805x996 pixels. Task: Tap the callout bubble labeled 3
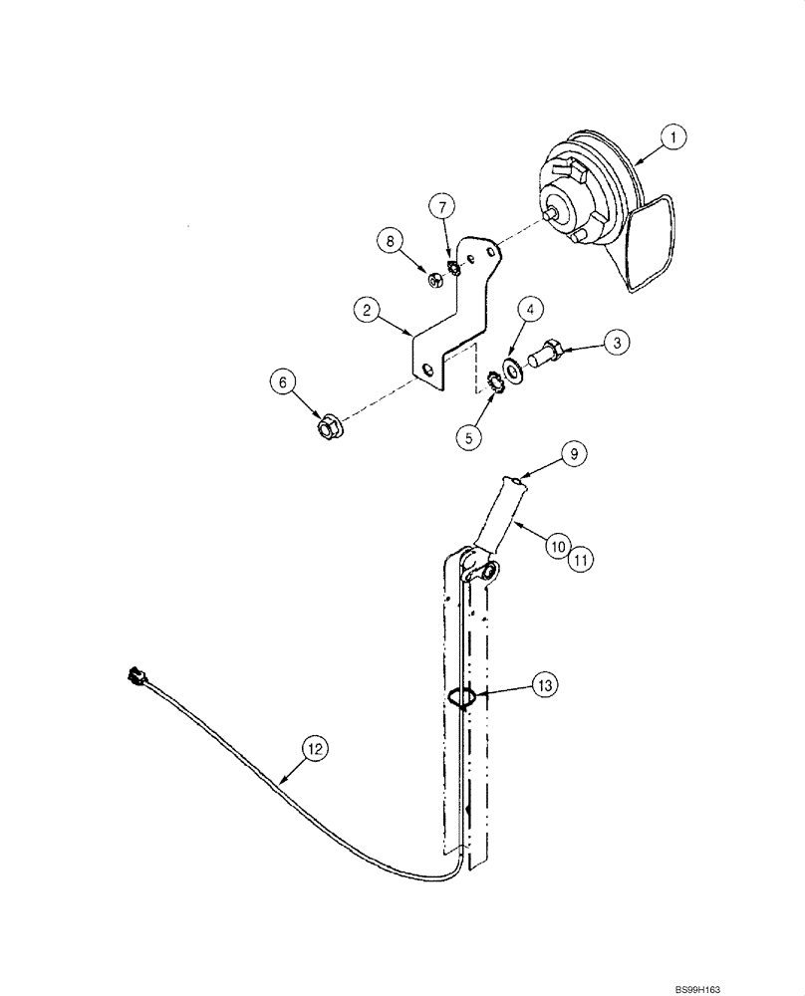pos(617,343)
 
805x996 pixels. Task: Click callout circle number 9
pos(574,453)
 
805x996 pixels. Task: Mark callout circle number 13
pos(544,685)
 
